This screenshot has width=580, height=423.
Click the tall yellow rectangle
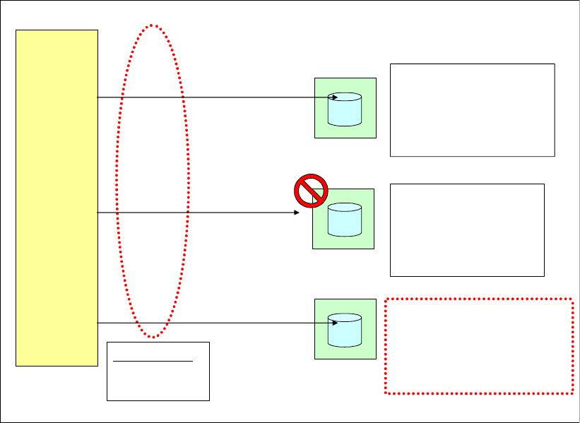click(x=57, y=198)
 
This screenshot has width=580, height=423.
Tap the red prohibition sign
click(x=311, y=190)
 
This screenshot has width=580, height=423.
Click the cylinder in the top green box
click(x=345, y=109)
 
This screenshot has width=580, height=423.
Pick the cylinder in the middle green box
click(x=345, y=220)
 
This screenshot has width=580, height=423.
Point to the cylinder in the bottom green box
click(x=345, y=330)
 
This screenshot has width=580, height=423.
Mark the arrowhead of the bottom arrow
click(x=334, y=323)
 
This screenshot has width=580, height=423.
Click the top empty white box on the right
click(x=472, y=109)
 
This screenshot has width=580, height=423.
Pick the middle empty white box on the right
click(x=467, y=230)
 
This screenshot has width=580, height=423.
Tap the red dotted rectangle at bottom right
click(x=478, y=346)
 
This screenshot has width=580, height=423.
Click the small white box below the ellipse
click(x=158, y=381)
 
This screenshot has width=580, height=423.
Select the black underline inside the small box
click(x=153, y=360)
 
